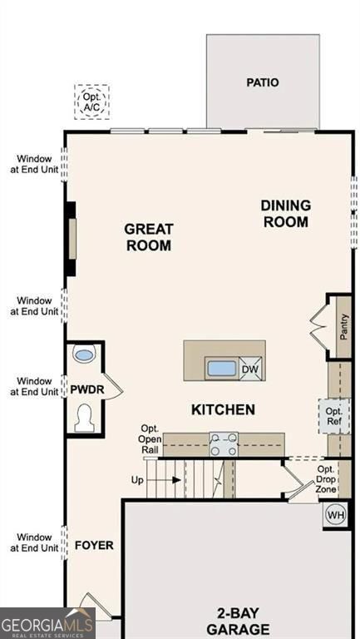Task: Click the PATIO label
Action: click(262, 82)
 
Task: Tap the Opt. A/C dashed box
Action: click(91, 102)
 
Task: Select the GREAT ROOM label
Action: click(149, 236)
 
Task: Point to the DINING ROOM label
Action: click(285, 213)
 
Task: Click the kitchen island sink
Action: click(221, 368)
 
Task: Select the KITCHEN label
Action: click(223, 409)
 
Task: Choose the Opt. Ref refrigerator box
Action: click(334, 416)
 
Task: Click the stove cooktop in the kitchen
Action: click(223, 443)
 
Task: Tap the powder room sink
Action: click(84, 355)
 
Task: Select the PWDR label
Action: click(86, 388)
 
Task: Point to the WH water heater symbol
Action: click(336, 515)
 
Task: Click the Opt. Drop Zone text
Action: click(326, 480)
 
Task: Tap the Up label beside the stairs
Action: click(138, 480)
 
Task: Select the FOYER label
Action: click(94, 546)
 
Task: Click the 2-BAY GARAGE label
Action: click(238, 621)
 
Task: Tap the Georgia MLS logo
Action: click(47, 623)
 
